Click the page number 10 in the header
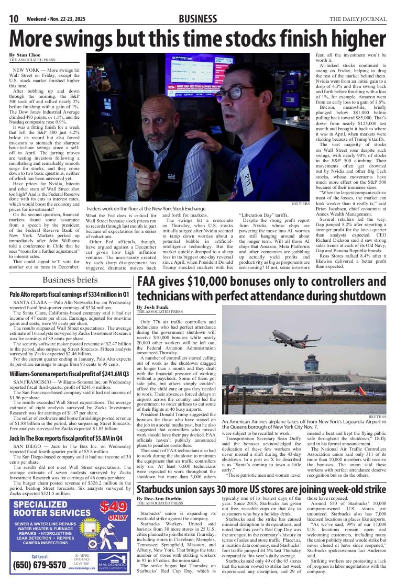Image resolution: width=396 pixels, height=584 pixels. coord(14,19)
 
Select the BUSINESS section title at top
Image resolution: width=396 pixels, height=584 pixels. coord(197,19)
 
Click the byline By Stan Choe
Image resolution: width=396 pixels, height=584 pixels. coord(27,55)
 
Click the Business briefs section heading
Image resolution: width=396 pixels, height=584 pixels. coord(70,280)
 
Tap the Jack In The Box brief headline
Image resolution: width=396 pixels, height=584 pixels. coord(66,437)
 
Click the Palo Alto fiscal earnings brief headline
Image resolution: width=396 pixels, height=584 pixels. coord(69,295)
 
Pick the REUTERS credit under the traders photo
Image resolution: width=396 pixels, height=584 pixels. coord(301,204)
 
